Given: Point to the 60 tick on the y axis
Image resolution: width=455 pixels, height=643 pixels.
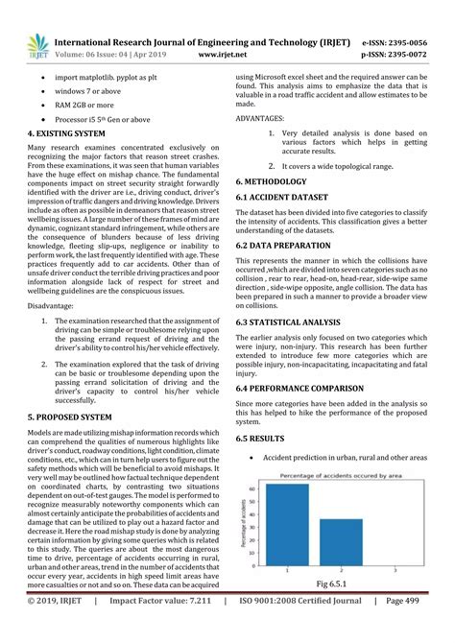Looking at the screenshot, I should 253,488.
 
